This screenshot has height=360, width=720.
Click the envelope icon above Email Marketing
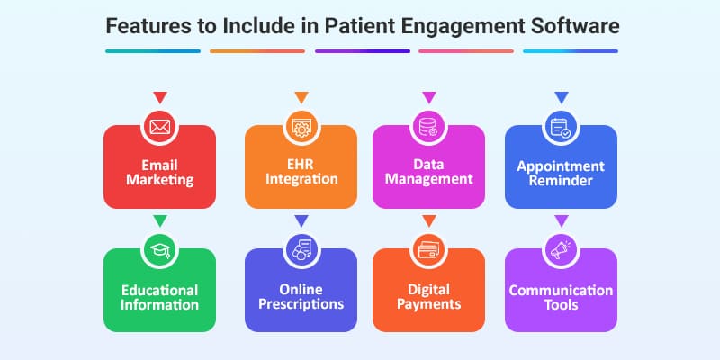point(160,127)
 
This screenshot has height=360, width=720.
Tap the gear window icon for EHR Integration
point(301,127)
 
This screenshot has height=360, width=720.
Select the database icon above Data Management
point(428,127)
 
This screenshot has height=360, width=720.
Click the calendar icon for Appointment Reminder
point(561,127)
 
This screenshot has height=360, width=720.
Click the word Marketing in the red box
point(160,180)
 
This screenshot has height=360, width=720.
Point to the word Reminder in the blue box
point(561,181)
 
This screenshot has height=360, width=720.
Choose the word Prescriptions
point(301,304)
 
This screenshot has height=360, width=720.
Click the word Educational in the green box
point(160,290)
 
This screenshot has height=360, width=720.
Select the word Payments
point(428,304)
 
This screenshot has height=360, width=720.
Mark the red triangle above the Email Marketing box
point(160,96)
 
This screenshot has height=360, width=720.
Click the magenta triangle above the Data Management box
point(428,96)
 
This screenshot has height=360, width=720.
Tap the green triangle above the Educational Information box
point(160,220)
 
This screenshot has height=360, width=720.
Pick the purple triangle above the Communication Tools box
point(561,220)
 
